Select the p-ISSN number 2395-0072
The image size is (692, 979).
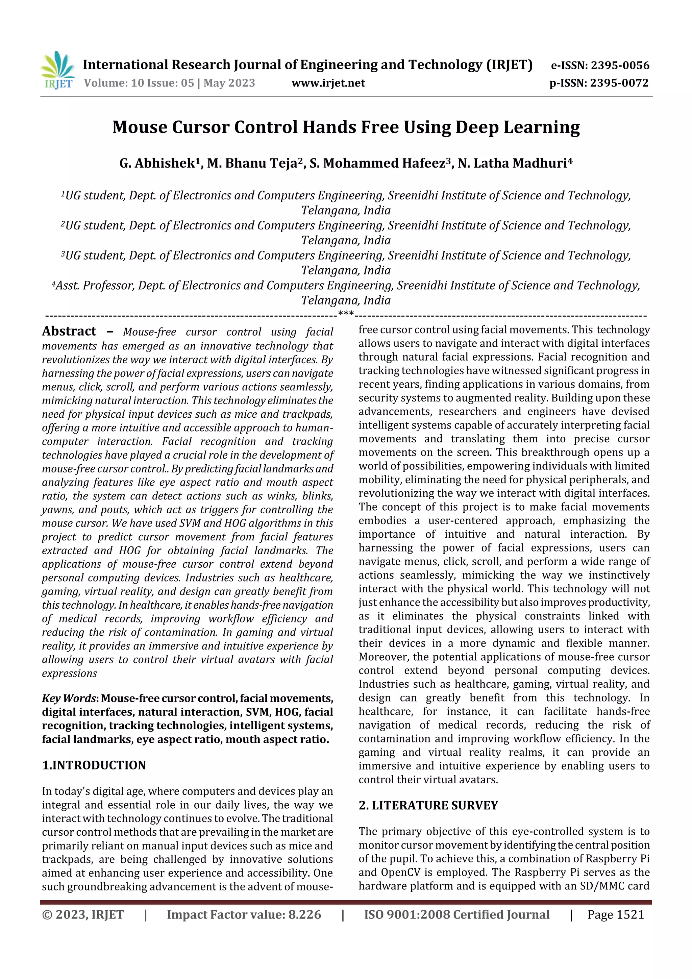click(x=619, y=83)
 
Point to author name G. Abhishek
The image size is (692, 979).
click(x=157, y=163)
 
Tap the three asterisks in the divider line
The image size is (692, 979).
click(x=345, y=314)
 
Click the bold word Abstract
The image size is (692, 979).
click(x=69, y=331)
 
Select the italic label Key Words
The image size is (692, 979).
click(x=69, y=699)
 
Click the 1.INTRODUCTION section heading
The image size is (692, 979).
click(x=94, y=765)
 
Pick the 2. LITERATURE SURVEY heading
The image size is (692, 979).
click(x=428, y=805)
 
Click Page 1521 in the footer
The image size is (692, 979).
click(x=615, y=914)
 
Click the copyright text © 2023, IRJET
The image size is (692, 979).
click(x=83, y=914)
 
